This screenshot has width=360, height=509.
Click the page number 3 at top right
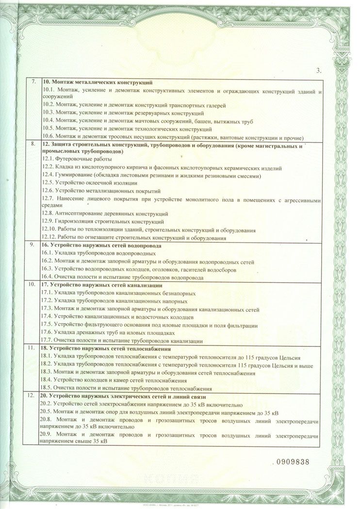point(318,71)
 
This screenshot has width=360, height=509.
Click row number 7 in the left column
point(33,82)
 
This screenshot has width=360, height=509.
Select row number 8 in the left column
point(33,144)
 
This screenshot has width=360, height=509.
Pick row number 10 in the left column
point(33,285)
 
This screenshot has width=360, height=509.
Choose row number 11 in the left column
point(33,348)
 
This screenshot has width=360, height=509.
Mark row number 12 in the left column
point(33,396)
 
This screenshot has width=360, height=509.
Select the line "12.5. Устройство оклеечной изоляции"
point(89,183)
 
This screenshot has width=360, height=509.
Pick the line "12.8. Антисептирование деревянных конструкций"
point(105,214)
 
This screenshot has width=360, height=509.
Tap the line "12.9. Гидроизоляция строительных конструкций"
point(103,222)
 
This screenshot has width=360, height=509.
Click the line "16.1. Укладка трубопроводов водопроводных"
point(99,253)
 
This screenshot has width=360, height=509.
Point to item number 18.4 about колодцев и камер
point(49,380)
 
